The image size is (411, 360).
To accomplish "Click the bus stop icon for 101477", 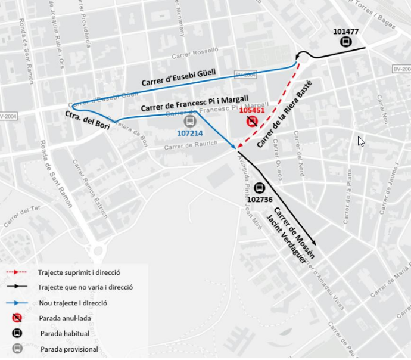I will click(x=345, y=42).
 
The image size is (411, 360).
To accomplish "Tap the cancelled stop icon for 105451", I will click(x=252, y=122).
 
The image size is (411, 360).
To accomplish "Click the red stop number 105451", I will click(x=251, y=110).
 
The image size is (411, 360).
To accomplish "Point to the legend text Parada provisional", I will click(x=69, y=349).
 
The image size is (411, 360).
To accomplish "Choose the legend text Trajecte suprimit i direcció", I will click(x=79, y=272).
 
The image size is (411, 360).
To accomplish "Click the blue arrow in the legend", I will click(x=18, y=303).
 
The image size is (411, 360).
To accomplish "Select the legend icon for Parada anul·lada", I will click(x=17, y=318).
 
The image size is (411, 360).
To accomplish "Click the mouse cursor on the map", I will click(x=360, y=141).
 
